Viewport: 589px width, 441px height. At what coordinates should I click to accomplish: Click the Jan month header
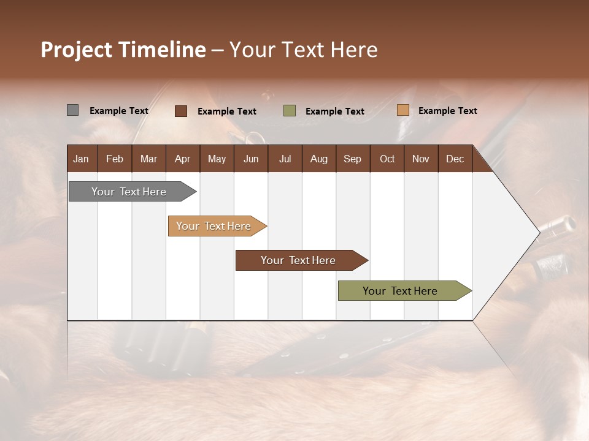point(81,159)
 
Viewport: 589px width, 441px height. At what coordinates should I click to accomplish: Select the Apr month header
point(182,159)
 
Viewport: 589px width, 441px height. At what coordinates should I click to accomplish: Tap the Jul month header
point(285,159)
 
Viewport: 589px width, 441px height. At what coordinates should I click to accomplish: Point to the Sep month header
point(352,159)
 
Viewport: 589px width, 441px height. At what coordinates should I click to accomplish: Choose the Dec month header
point(455,159)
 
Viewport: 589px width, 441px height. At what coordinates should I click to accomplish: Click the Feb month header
point(115,159)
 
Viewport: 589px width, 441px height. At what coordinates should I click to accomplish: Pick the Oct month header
point(387,159)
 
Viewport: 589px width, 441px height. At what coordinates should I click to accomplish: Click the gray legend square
point(72,110)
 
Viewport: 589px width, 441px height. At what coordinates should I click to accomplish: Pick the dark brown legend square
point(181,111)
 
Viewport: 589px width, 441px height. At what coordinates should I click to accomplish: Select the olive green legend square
point(290,111)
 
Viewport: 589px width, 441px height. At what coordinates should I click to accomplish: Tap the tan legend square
point(402,110)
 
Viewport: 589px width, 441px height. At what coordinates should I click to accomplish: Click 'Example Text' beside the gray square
point(119,111)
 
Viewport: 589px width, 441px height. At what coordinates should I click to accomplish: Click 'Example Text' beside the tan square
point(447,111)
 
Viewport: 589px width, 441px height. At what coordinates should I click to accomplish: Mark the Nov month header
point(420,159)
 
